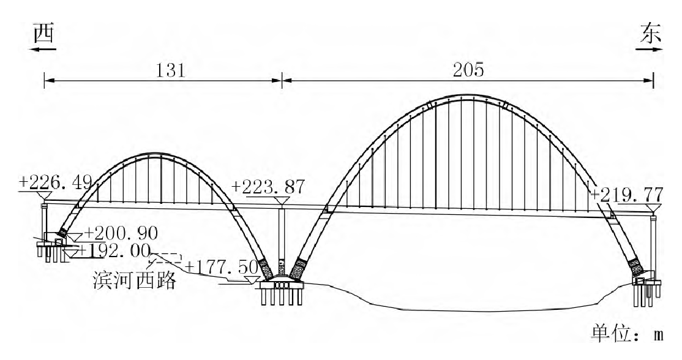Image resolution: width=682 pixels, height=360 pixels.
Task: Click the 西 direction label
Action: (x=44, y=34)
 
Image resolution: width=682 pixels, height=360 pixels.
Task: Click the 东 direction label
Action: (x=650, y=34)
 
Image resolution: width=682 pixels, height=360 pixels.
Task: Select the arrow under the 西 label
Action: (x=43, y=49)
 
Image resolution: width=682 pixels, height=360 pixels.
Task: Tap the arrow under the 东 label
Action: (x=650, y=49)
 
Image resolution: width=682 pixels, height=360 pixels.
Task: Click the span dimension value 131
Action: (x=171, y=70)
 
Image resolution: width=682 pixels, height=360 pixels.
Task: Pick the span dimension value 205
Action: (x=468, y=70)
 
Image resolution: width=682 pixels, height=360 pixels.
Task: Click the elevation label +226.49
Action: (x=56, y=182)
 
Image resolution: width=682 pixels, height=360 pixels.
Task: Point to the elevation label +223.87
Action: (x=268, y=187)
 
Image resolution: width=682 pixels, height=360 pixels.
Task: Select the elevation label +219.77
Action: (x=627, y=194)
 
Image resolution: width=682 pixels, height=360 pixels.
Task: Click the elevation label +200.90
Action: (x=121, y=233)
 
